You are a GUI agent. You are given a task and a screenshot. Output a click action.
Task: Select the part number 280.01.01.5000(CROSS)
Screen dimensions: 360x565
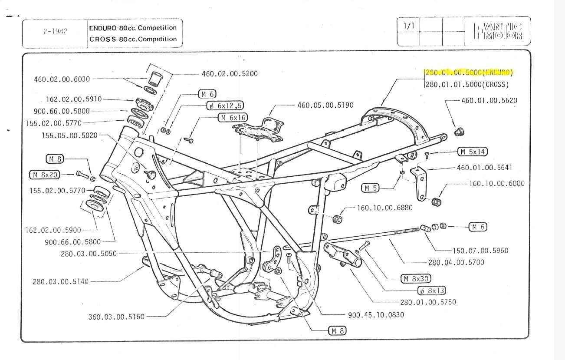(467, 84)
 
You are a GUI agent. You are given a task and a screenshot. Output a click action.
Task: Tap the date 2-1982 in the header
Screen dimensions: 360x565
(55, 32)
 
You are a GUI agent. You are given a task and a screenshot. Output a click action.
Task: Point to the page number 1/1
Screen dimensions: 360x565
(409, 26)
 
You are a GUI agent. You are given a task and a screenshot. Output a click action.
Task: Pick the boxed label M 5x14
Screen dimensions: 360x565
(473, 152)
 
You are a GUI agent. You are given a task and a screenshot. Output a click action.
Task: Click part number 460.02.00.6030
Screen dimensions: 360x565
(62, 79)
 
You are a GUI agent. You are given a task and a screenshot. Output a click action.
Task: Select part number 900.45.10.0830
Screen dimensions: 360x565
(376, 315)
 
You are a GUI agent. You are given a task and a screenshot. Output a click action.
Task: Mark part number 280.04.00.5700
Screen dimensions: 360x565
(456, 262)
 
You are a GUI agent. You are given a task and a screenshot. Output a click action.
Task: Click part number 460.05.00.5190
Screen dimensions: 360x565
(325, 105)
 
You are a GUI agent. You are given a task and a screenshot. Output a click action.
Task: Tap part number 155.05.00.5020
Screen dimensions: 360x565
(69, 135)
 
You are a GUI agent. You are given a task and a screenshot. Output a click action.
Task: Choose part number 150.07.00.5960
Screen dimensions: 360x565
(480, 251)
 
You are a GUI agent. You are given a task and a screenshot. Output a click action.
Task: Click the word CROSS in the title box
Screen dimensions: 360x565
(103, 39)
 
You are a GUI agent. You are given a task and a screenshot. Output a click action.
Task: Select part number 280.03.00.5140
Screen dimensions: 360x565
(60, 281)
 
